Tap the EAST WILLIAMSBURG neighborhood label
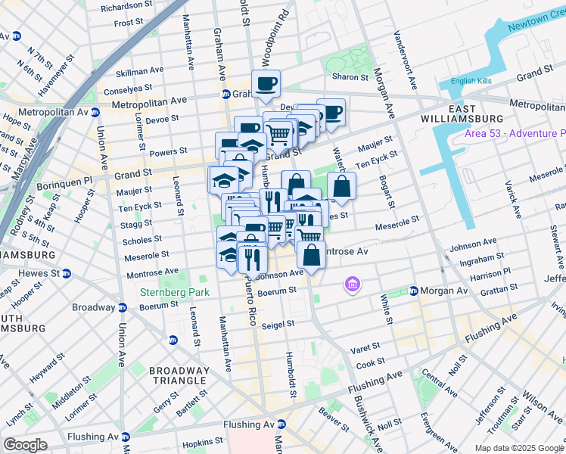click(x=474, y=113)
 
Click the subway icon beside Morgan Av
click(x=414, y=291)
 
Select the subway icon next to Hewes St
click(x=66, y=273)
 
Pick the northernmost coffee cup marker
click(x=266, y=83)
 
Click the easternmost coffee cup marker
click(x=331, y=113)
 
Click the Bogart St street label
click(x=388, y=192)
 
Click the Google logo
click(x=25, y=445)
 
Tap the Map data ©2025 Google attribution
click(x=518, y=447)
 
